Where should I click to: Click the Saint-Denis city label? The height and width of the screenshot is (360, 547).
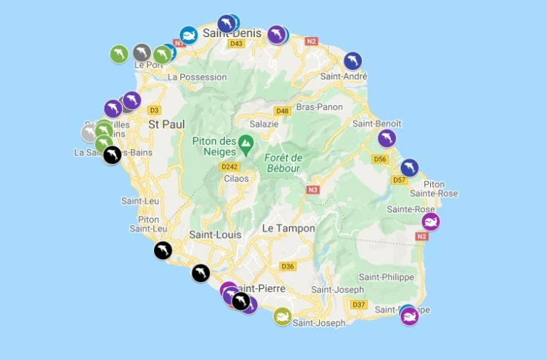[x=232, y=33]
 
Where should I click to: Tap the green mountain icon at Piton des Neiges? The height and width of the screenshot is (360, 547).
[x=245, y=143]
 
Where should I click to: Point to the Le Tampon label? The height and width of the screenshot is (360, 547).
[x=288, y=228]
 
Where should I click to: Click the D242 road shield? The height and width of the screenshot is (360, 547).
[x=229, y=166]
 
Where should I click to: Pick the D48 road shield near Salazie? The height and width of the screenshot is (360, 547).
[x=282, y=111]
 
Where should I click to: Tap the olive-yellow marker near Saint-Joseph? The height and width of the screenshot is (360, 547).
[x=282, y=316]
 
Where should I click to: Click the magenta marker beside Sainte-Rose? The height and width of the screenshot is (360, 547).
[x=430, y=221]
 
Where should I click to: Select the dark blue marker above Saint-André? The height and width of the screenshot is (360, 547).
[x=352, y=60]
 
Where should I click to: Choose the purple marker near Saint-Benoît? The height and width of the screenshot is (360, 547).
[x=386, y=138]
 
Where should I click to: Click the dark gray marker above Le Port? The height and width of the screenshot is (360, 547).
[x=141, y=52]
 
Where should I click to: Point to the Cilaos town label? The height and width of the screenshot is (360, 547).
[x=235, y=179]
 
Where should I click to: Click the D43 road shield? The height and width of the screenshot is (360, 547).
[x=237, y=44]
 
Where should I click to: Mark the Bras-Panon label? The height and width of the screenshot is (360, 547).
[x=315, y=107]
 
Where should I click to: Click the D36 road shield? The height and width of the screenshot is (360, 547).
[x=287, y=266]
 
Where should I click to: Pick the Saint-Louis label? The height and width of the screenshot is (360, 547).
[x=215, y=235]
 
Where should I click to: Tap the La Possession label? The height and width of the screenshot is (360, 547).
[x=197, y=77]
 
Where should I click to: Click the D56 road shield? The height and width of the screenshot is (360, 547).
[x=380, y=159]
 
